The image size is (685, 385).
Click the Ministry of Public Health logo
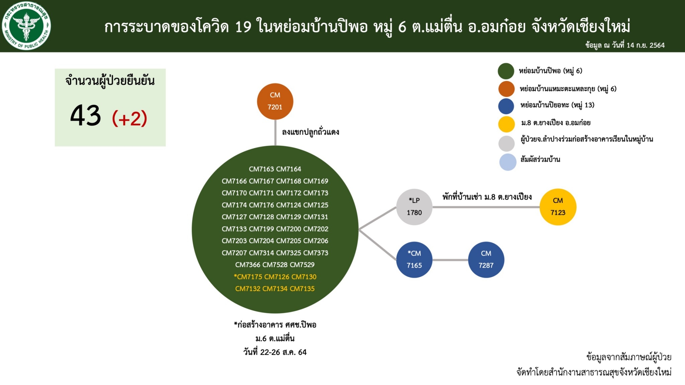tap(26, 26)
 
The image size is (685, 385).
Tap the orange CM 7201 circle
tap(275, 101)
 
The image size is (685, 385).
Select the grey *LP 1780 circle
tap(414, 207)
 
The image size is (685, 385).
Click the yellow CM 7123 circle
tap(558, 207)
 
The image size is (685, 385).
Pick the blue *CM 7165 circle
tap(414, 260)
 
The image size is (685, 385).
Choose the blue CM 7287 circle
tap(486, 260)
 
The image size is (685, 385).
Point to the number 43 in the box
tap(85, 115)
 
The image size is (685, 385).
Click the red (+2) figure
tap(129, 118)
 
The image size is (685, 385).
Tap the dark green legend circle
tap(506, 71)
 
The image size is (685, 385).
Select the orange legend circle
tap(506, 89)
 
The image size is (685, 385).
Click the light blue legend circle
tap(508, 162)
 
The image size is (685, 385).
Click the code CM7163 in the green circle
tap(262, 169)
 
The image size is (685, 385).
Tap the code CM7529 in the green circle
tap(302, 265)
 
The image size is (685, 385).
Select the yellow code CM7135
tap(302, 289)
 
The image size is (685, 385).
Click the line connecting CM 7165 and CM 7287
tap(450, 260)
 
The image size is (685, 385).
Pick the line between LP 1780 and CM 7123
tap(486, 207)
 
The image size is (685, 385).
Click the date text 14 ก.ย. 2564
tap(646, 45)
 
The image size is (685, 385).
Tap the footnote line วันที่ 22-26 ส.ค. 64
tap(275, 352)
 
